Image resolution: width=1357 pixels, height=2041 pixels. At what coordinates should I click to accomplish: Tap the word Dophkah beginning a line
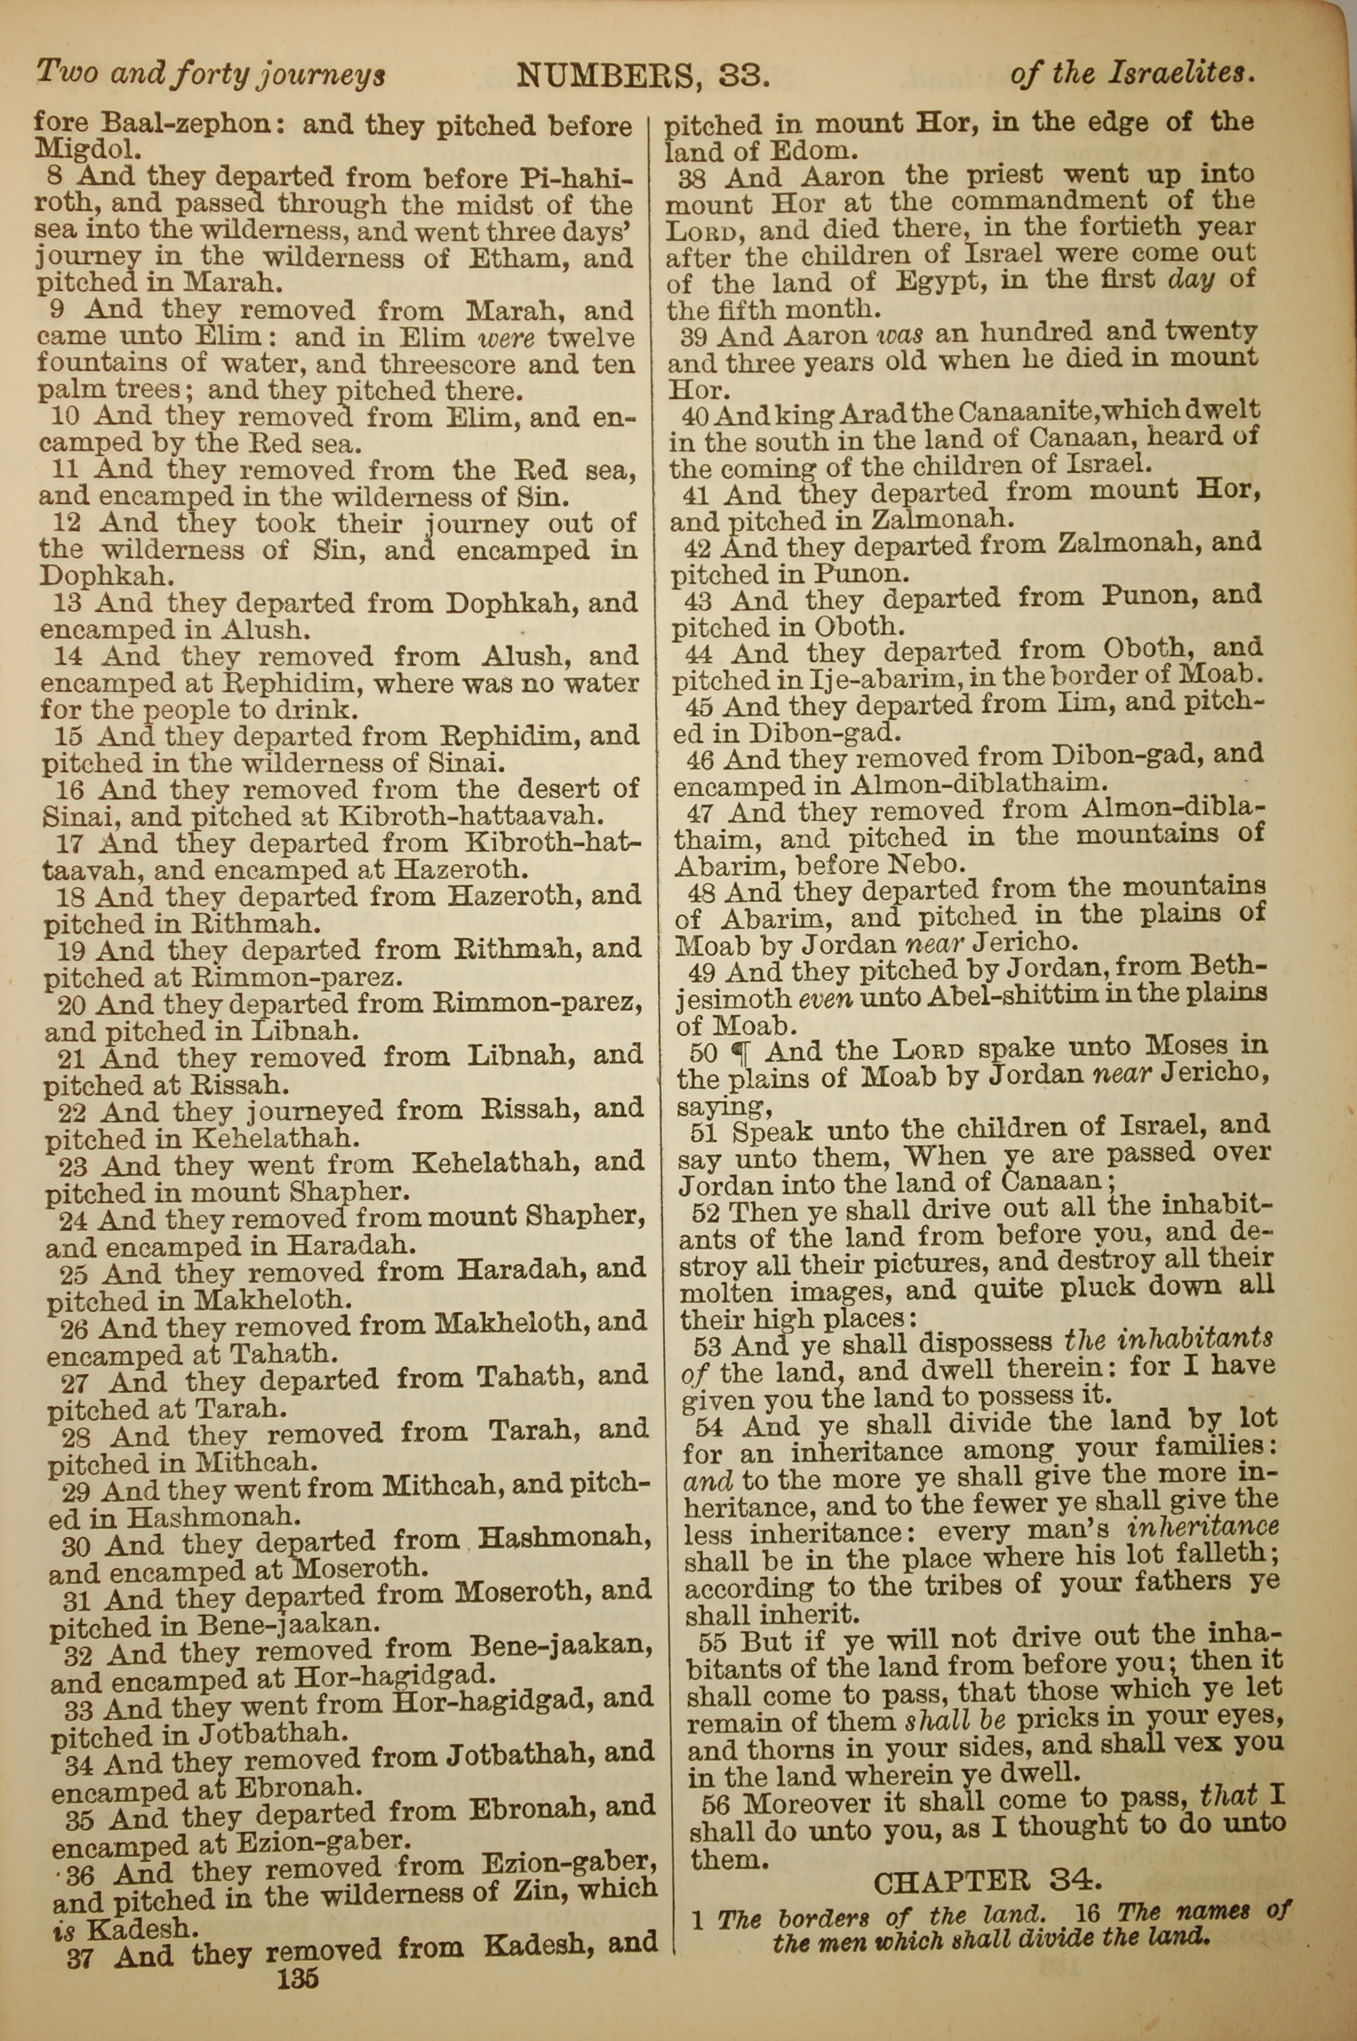point(82,575)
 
